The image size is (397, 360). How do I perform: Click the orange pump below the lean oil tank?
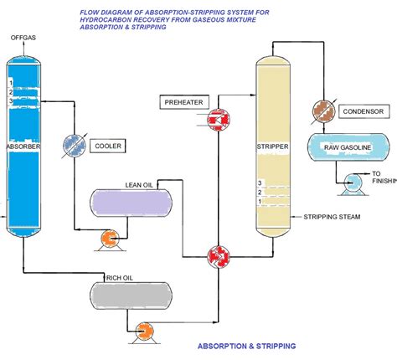pyautogui.click(x=109, y=240)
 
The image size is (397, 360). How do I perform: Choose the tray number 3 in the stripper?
pyautogui.click(x=260, y=183)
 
